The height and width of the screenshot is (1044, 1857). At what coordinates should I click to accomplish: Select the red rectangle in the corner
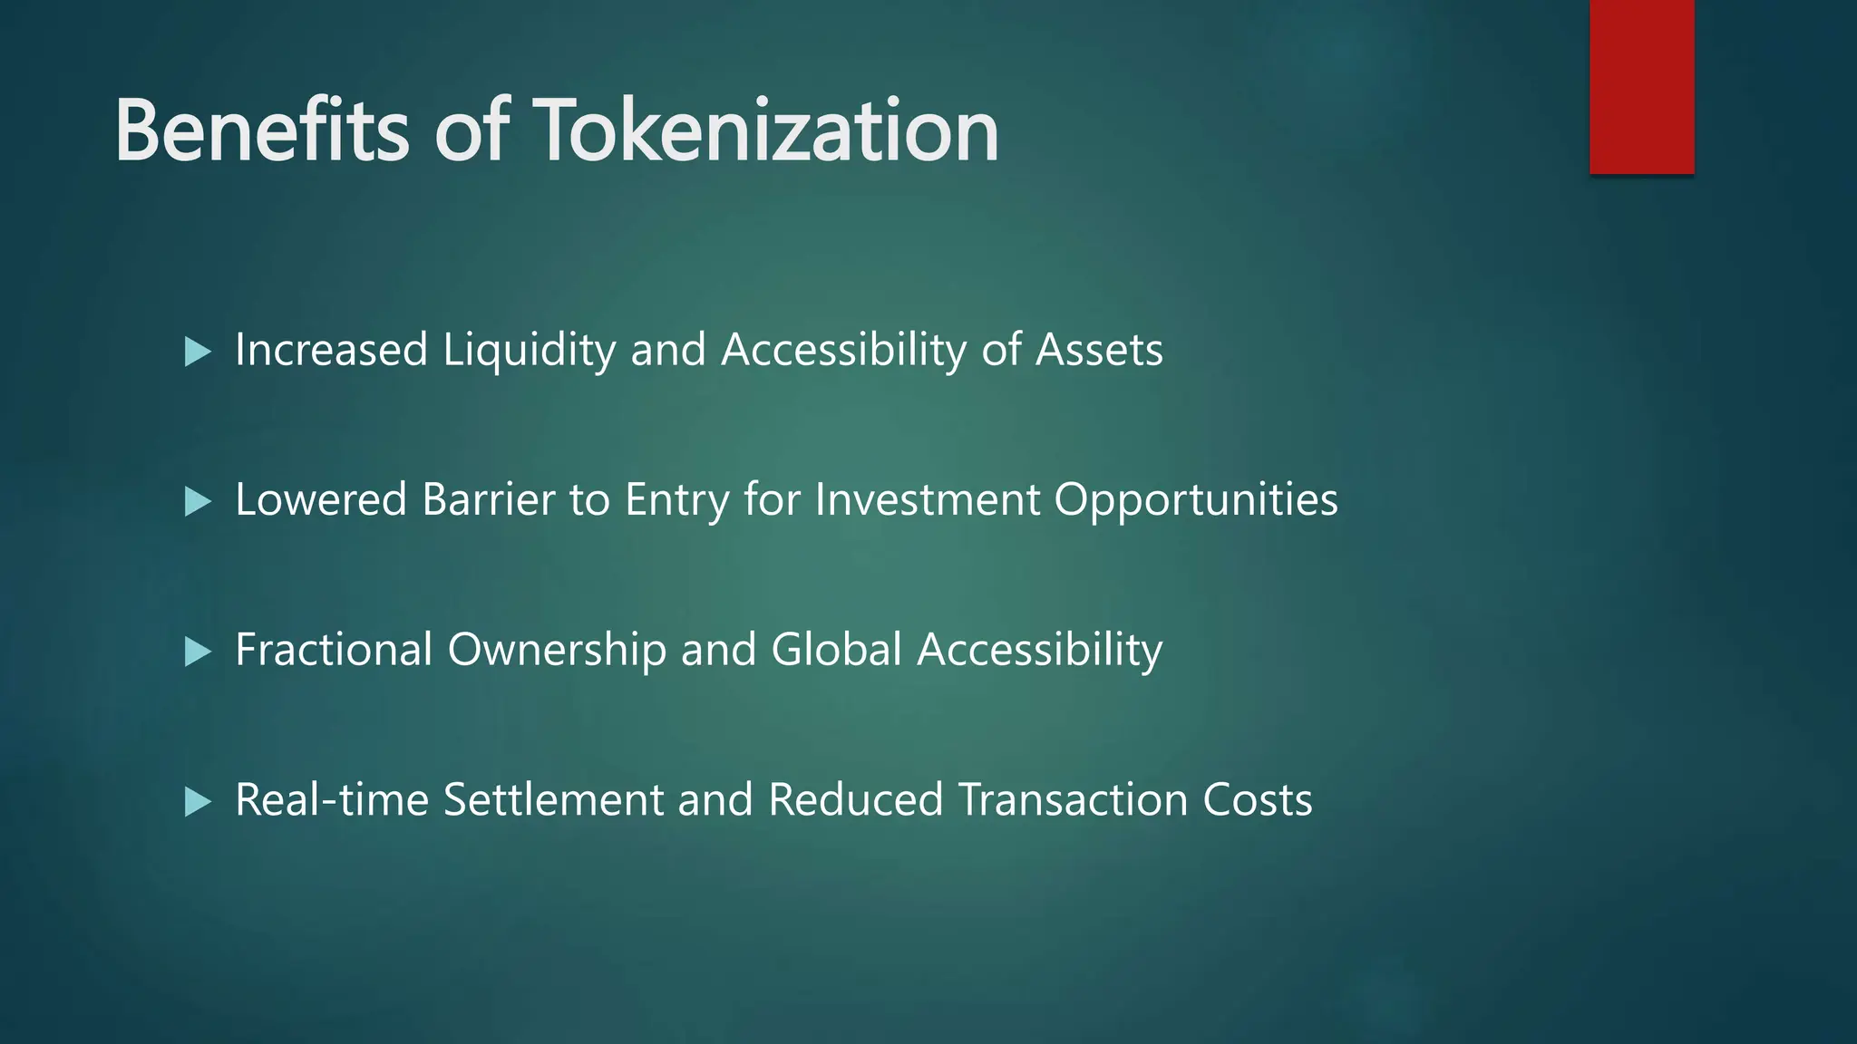1641,86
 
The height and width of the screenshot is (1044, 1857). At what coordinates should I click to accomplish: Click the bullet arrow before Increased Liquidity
197,352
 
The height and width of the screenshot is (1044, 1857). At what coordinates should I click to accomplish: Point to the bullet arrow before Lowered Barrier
197,501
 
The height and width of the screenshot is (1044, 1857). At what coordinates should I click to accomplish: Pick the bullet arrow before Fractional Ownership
197,652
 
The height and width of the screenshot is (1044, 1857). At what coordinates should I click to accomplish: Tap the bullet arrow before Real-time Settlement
197,801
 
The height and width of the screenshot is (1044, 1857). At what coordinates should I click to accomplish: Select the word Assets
1099,350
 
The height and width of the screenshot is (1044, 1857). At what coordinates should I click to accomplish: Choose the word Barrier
489,499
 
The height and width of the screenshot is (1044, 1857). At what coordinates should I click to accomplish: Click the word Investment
928,499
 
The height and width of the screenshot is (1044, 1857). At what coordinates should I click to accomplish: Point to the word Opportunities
1196,501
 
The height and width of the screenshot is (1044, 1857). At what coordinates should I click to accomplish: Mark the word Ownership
557,651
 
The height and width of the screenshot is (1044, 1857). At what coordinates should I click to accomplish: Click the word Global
836,650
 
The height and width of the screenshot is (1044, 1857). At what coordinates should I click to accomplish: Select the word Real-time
332,799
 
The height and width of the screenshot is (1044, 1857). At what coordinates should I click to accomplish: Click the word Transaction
1074,799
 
